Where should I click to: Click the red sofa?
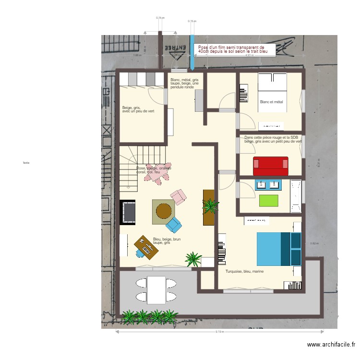click(x=271, y=166)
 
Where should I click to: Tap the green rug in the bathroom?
click(x=269, y=200)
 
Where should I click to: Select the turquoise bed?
click(x=279, y=249)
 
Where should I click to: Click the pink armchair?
click(x=179, y=196)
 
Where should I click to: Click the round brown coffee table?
click(x=164, y=211)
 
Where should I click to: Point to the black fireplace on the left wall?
click(x=128, y=212)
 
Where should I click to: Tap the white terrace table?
click(x=156, y=289)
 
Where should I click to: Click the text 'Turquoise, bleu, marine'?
click(x=244, y=271)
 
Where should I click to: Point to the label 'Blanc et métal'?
click(x=271, y=102)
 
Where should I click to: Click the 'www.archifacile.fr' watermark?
click(x=331, y=345)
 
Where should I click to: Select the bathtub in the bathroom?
click(x=296, y=196)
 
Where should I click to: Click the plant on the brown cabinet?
click(x=210, y=206)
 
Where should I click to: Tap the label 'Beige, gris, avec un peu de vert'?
click(x=138, y=109)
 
